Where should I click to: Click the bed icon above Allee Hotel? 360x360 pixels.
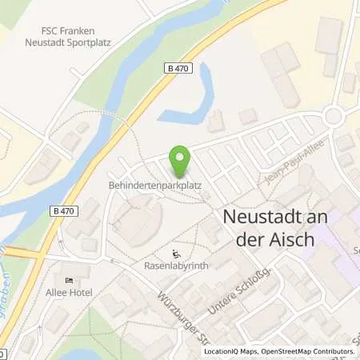(70, 281)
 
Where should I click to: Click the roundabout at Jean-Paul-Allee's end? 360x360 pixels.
(333, 116)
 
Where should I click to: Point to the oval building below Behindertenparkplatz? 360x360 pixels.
(139, 218)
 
